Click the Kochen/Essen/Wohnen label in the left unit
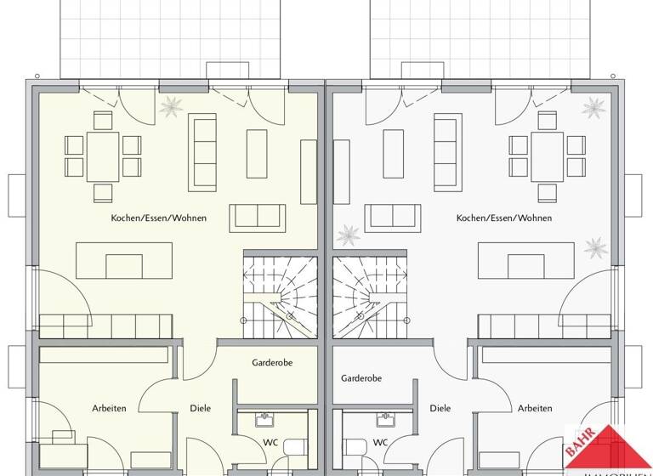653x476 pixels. point(158,218)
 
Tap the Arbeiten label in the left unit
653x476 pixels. point(109,408)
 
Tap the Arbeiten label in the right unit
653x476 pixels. point(534,408)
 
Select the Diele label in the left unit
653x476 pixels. point(201,408)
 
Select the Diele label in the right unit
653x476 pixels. point(440,408)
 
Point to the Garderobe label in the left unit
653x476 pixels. point(272,362)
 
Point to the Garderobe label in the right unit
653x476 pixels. point(361,377)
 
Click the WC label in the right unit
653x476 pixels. point(381,442)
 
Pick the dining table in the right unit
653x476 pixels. point(548,155)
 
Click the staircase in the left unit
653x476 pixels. point(281,293)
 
